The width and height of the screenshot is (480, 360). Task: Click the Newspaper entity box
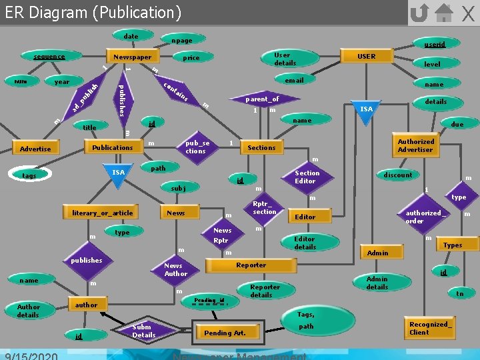pos(132,57)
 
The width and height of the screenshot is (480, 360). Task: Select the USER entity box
pos(367,57)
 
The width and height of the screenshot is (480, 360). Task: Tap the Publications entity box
pos(112,147)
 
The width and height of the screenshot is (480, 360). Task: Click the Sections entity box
pos(261,147)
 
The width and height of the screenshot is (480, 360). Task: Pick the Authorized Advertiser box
pos(415,145)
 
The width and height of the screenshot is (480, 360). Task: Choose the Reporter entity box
pos(251,265)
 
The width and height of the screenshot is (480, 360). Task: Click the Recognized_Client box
pos(430,328)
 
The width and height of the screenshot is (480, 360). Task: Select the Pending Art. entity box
pos(225,333)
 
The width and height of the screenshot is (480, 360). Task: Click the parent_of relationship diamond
pos(261,99)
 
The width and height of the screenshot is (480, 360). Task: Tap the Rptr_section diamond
pos(265,207)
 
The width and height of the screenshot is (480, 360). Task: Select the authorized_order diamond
pos(424,217)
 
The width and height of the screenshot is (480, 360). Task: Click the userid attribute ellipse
pos(435,45)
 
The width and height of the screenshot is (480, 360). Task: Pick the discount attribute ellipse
pos(398,175)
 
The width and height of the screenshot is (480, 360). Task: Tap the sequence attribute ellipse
pos(49,57)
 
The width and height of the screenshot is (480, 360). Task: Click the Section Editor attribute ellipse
pos(307,177)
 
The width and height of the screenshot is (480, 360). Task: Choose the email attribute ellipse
pos(294,80)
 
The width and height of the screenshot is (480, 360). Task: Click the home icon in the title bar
pos(443,12)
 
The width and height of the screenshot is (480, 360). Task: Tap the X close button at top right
pos(468,13)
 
